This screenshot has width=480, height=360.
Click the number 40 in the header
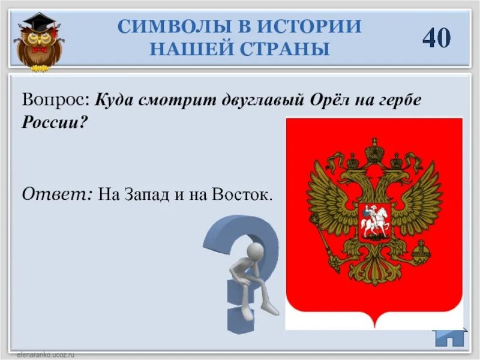tap(436, 37)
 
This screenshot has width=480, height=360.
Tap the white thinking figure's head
tap(255, 251)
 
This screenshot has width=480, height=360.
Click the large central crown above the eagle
tap(375, 149)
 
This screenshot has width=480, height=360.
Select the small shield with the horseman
tap(374, 223)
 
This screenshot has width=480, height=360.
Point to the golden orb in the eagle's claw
tap(423, 247)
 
